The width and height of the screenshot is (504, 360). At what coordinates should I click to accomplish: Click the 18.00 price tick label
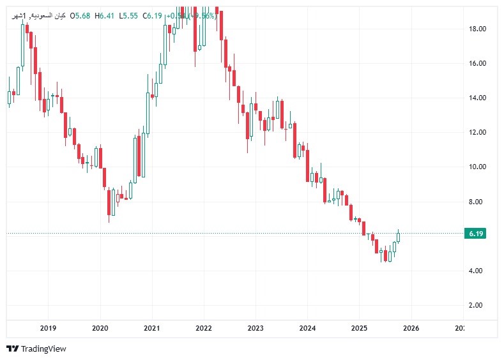[478, 29]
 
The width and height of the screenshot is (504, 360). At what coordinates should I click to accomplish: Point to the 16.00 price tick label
[478, 64]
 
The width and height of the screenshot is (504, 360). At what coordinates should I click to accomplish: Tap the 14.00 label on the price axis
[478, 98]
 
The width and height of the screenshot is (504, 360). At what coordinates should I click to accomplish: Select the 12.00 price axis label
[478, 133]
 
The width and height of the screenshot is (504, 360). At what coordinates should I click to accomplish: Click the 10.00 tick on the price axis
[478, 167]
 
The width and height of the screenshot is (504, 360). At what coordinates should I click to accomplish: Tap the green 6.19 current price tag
[476, 234]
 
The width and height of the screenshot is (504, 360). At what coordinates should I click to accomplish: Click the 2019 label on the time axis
[48, 328]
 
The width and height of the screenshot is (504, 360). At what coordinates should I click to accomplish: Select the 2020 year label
[100, 328]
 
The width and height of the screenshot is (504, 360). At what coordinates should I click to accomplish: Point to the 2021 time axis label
[151, 328]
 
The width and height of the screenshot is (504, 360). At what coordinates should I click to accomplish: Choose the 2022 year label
[203, 328]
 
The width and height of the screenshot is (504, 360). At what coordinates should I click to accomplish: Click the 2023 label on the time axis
[255, 328]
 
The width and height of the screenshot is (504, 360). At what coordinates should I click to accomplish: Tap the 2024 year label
[307, 328]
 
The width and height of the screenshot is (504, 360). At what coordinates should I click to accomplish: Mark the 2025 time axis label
[358, 328]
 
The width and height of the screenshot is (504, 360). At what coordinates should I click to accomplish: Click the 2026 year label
[410, 328]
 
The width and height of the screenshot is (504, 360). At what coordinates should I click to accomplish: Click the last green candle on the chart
[398, 237]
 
